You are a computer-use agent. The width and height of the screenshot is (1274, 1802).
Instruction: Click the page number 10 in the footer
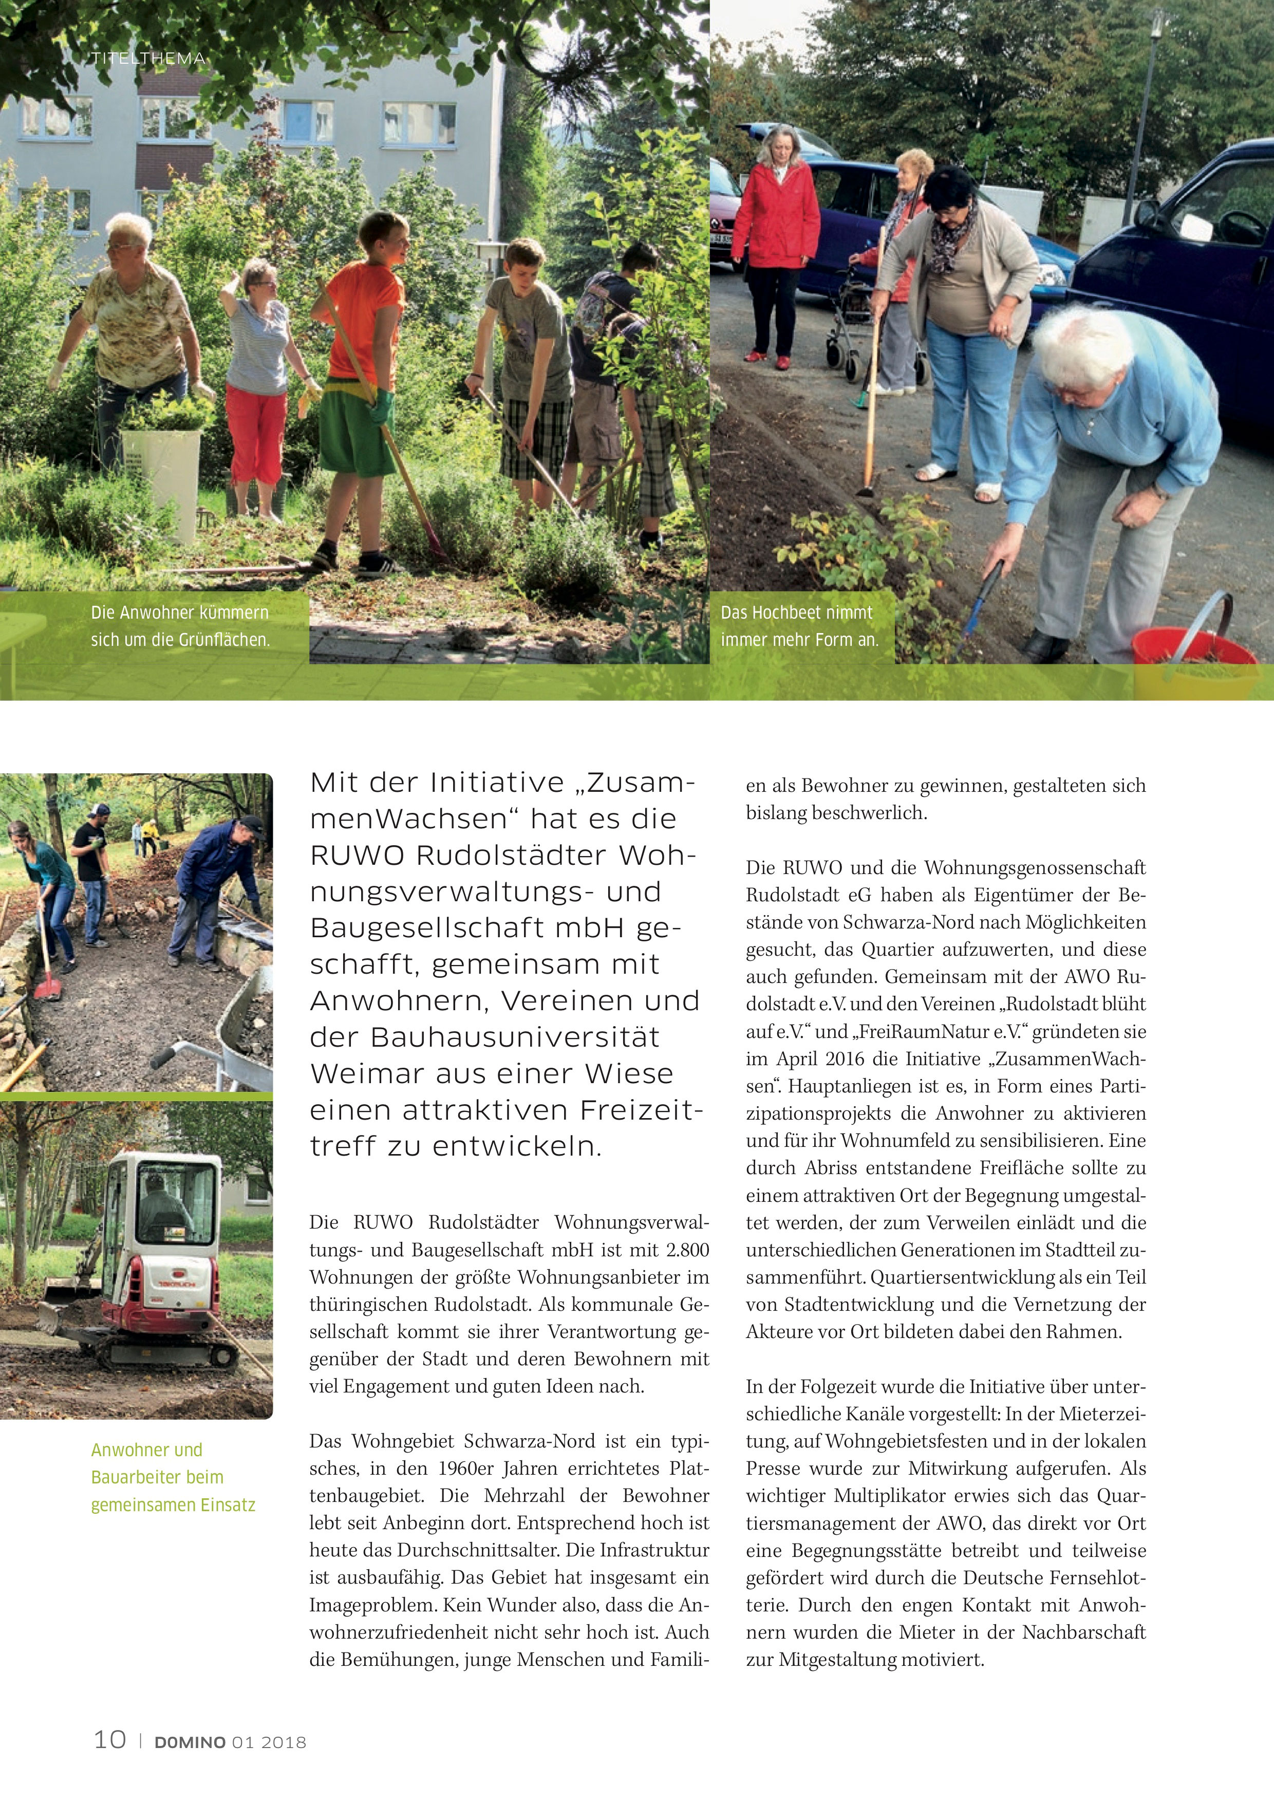(x=110, y=1738)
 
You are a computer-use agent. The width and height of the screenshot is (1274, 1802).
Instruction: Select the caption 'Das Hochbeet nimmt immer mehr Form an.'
(x=799, y=625)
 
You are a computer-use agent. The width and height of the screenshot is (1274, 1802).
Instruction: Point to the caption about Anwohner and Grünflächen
(x=180, y=625)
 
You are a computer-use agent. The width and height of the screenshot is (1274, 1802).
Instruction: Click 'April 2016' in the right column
(x=810, y=1059)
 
